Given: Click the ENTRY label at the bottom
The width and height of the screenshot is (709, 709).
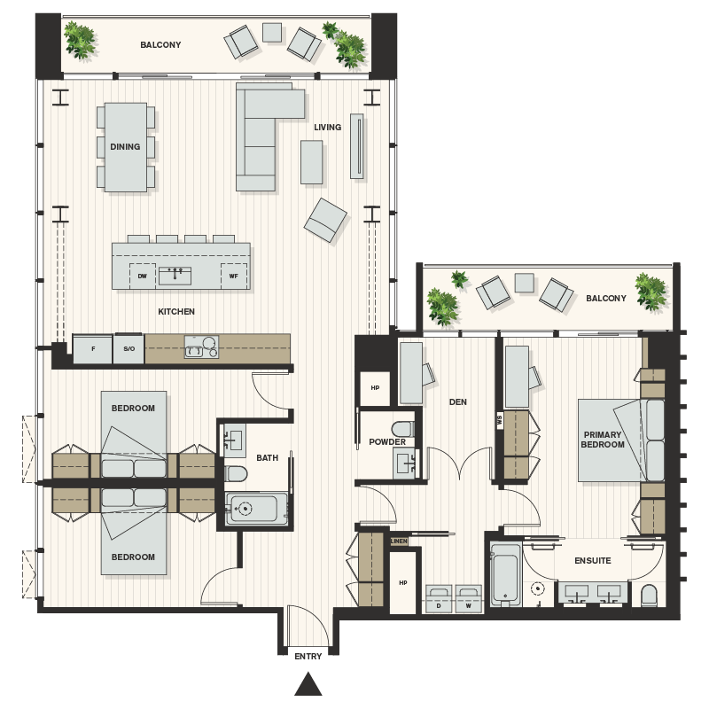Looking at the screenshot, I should (308, 656).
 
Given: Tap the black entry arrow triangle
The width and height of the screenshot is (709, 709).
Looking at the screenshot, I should (308, 684).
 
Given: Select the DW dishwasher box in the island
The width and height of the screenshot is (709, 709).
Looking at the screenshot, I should (142, 275).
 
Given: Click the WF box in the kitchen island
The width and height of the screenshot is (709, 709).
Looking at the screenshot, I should (234, 275).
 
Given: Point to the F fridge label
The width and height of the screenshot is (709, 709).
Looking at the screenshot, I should (92, 349).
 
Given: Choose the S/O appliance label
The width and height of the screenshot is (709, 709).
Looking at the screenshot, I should (129, 349).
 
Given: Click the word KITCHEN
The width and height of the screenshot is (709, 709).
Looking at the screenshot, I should (176, 312).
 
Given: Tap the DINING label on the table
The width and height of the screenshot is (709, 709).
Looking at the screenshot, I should (125, 147).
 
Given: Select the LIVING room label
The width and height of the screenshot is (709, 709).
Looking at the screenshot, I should (327, 128).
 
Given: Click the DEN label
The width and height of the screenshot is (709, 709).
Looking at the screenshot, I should (457, 402).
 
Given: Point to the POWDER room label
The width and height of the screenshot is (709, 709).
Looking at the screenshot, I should (387, 442).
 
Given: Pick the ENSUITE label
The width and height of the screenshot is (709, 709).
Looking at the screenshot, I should (593, 561).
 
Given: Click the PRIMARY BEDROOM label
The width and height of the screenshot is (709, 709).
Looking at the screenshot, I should (603, 440).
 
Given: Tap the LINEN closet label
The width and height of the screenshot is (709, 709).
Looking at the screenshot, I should (401, 541).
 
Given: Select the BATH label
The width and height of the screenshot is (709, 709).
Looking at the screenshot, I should (267, 458).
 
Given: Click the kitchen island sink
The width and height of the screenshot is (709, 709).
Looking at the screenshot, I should (177, 274).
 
